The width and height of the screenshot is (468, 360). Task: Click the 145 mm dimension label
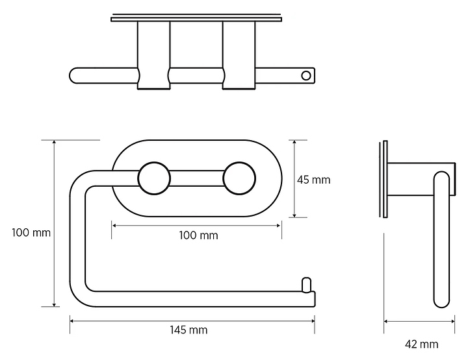point(188,330)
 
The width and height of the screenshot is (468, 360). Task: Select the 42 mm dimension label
point(421,344)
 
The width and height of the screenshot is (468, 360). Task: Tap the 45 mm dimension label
point(314,180)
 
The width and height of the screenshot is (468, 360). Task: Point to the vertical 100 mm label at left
point(31,233)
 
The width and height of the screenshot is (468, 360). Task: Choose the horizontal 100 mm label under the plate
point(198,235)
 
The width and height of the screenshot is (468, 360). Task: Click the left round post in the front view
point(154,178)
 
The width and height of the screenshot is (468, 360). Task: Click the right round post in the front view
point(239,178)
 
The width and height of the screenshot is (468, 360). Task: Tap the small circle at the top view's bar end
point(306,76)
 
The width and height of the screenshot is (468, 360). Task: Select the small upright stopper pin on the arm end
point(307,285)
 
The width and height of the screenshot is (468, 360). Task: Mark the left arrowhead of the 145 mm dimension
point(71,321)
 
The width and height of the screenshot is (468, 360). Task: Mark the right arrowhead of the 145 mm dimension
point(313,321)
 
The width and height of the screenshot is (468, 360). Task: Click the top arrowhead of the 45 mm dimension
point(294,142)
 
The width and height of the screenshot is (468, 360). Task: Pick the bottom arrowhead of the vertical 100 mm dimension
point(54,304)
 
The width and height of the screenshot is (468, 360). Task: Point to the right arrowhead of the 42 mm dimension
point(453,322)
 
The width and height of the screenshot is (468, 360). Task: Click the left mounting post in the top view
point(153,55)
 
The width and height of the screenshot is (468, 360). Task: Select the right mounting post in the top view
point(239,55)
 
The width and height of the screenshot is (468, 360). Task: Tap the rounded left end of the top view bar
point(73,76)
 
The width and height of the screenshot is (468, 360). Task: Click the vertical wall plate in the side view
point(385,178)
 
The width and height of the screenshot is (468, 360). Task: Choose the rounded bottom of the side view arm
point(441,302)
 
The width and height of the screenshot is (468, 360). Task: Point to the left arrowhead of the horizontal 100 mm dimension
point(114,226)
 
